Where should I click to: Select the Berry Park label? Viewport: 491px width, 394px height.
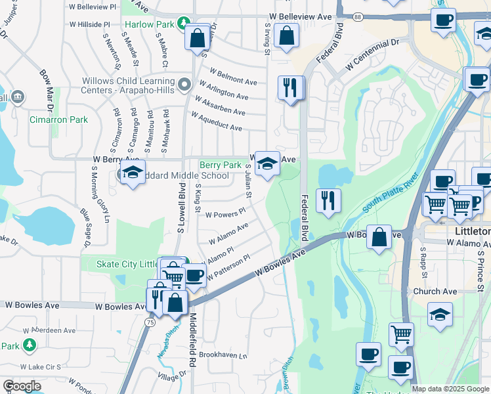pyautogui.click(x=221, y=165)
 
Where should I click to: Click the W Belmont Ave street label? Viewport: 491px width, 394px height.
pyautogui.click(x=233, y=77)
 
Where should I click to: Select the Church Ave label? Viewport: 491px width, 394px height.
pyautogui.click(x=435, y=292)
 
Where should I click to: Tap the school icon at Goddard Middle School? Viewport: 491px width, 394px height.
pyautogui.click(x=133, y=173)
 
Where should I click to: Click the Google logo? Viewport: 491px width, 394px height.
pyautogui.click(x=22, y=386)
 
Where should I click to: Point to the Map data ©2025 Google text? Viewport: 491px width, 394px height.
pyautogui.click(x=451, y=389)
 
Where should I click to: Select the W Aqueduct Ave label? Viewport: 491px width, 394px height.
pyautogui.click(x=216, y=121)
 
